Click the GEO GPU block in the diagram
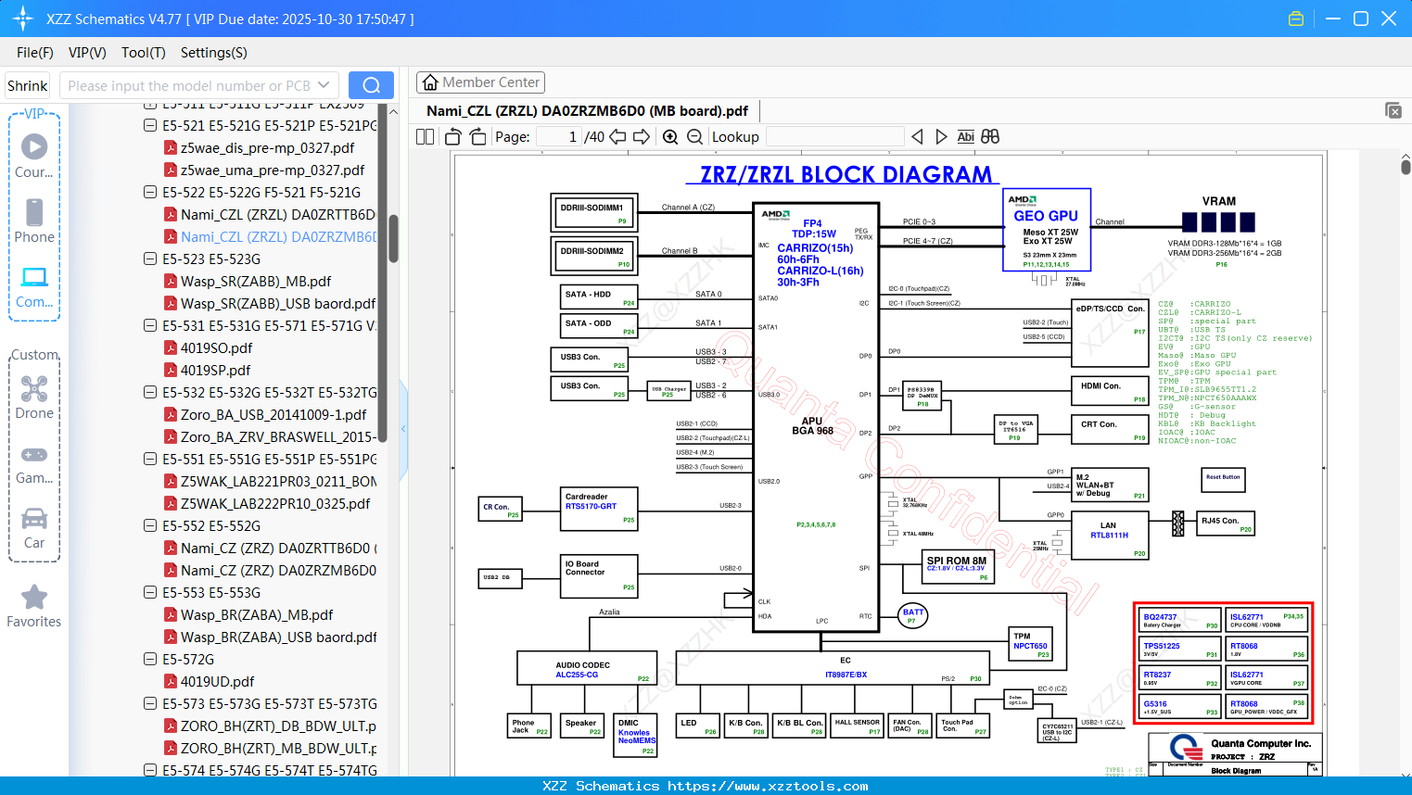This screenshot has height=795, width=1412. (1046, 230)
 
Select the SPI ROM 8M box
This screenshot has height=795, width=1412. (958, 566)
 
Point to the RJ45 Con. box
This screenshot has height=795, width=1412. (1226, 524)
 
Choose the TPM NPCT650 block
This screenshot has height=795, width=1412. (1030, 643)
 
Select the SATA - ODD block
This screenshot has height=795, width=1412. (599, 325)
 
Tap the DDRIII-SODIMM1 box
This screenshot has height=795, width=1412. (593, 212)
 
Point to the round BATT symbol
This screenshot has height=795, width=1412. (913, 614)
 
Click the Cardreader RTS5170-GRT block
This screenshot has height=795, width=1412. (600, 509)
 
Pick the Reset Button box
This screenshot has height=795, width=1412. (1223, 479)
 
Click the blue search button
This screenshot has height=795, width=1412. (371, 85)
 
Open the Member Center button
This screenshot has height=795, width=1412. (480, 82)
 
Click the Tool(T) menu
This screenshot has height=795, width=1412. (143, 53)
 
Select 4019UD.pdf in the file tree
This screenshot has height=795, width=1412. (217, 682)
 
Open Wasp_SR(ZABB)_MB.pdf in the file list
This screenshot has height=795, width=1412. (255, 282)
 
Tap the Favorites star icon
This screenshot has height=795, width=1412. (34, 598)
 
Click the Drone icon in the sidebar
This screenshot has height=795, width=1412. (34, 389)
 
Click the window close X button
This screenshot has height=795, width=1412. (1389, 19)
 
